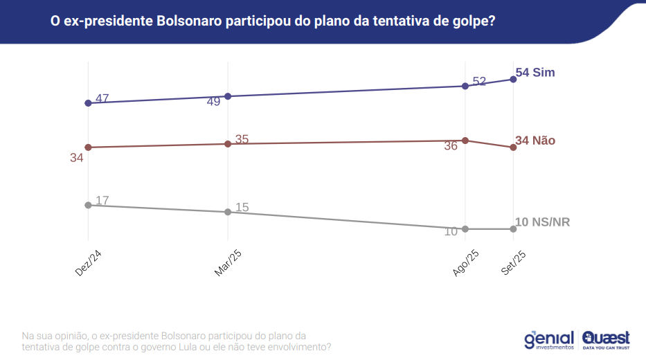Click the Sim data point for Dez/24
coord(88,103)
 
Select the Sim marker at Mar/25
coord(228,96)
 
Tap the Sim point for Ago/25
coord(465,86)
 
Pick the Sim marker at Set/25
coord(513,79)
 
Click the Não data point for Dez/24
coord(88,147)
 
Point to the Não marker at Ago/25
coord(465,141)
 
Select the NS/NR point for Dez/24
coord(88,205)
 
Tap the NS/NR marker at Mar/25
coord(228,212)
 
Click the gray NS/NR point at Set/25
coord(513,229)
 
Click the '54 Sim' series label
coord(535,73)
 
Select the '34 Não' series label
coord(535,141)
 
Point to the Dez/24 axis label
coord(89,262)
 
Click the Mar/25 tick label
coord(228,263)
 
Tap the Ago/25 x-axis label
coord(465,263)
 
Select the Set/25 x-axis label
coord(514,263)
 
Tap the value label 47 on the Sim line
coord(102,98)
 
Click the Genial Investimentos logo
coord(549,339)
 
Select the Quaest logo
coord(607,339)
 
